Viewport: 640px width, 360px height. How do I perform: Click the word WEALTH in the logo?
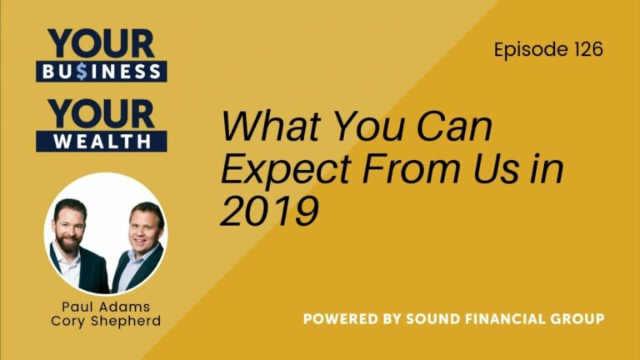(101, 141)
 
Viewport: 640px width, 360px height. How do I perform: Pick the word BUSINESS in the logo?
(101, 71)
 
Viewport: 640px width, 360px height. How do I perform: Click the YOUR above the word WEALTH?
(101, 113)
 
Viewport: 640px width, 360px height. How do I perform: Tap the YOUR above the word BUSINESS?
(101, 43)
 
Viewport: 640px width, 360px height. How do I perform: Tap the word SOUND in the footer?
(434, 318)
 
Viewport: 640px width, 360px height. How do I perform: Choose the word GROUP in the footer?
(577, 318)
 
